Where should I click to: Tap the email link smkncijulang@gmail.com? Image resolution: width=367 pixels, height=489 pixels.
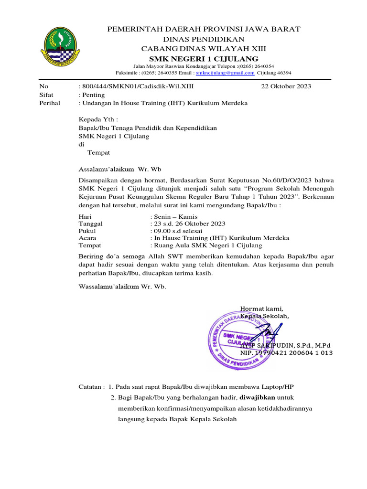225,73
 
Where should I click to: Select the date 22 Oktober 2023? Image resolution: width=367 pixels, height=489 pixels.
286,86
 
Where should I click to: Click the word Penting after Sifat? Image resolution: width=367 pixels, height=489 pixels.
93,95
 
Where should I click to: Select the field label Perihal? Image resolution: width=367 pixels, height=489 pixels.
50,104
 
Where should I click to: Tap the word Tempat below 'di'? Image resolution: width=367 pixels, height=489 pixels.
98,153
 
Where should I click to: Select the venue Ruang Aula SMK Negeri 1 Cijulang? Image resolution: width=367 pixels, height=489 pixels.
207,245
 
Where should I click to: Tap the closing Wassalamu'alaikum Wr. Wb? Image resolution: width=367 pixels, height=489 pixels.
122,287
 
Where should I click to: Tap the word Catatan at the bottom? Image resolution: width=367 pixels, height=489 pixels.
90,386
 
